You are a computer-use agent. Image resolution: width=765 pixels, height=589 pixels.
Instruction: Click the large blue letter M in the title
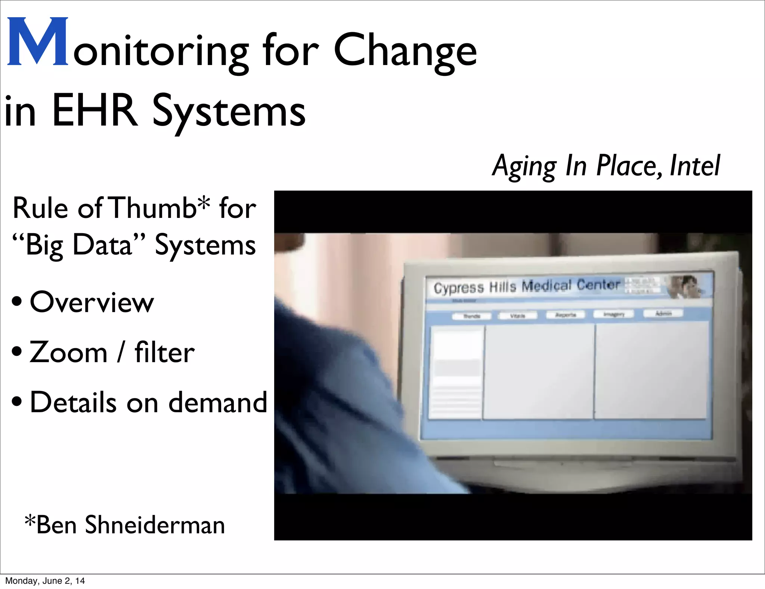pyautogui.click(x=37, y=42)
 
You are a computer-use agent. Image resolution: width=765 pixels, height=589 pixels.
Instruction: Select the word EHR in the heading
pyautogui.click(x=95, y=111)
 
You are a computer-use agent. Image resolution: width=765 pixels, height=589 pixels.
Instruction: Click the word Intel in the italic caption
pyautogui.click(x=694, y=166)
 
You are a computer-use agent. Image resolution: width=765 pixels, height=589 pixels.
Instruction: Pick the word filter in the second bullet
pyautogui.click(x=164, y=352)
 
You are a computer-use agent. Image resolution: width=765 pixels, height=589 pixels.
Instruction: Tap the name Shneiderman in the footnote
pyautogui.click(x=155, y=525)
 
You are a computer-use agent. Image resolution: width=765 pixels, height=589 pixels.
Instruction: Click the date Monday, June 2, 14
pyautogui.click(x=45, y=581)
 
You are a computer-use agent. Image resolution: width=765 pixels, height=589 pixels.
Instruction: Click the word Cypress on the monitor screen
pyautogui.click(x=458, y=288)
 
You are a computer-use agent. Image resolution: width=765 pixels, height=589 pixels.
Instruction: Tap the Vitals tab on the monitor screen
pyautogui.click(x=517, y=316)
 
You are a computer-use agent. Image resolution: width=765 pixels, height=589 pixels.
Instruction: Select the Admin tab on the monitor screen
pyautogui.click(x=663, y=313)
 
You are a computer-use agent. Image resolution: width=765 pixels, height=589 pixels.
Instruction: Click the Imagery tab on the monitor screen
pyautogui.click(x=614, y=314)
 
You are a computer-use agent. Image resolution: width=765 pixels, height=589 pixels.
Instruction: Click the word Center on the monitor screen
pyautogui.click(x=598, y=285)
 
